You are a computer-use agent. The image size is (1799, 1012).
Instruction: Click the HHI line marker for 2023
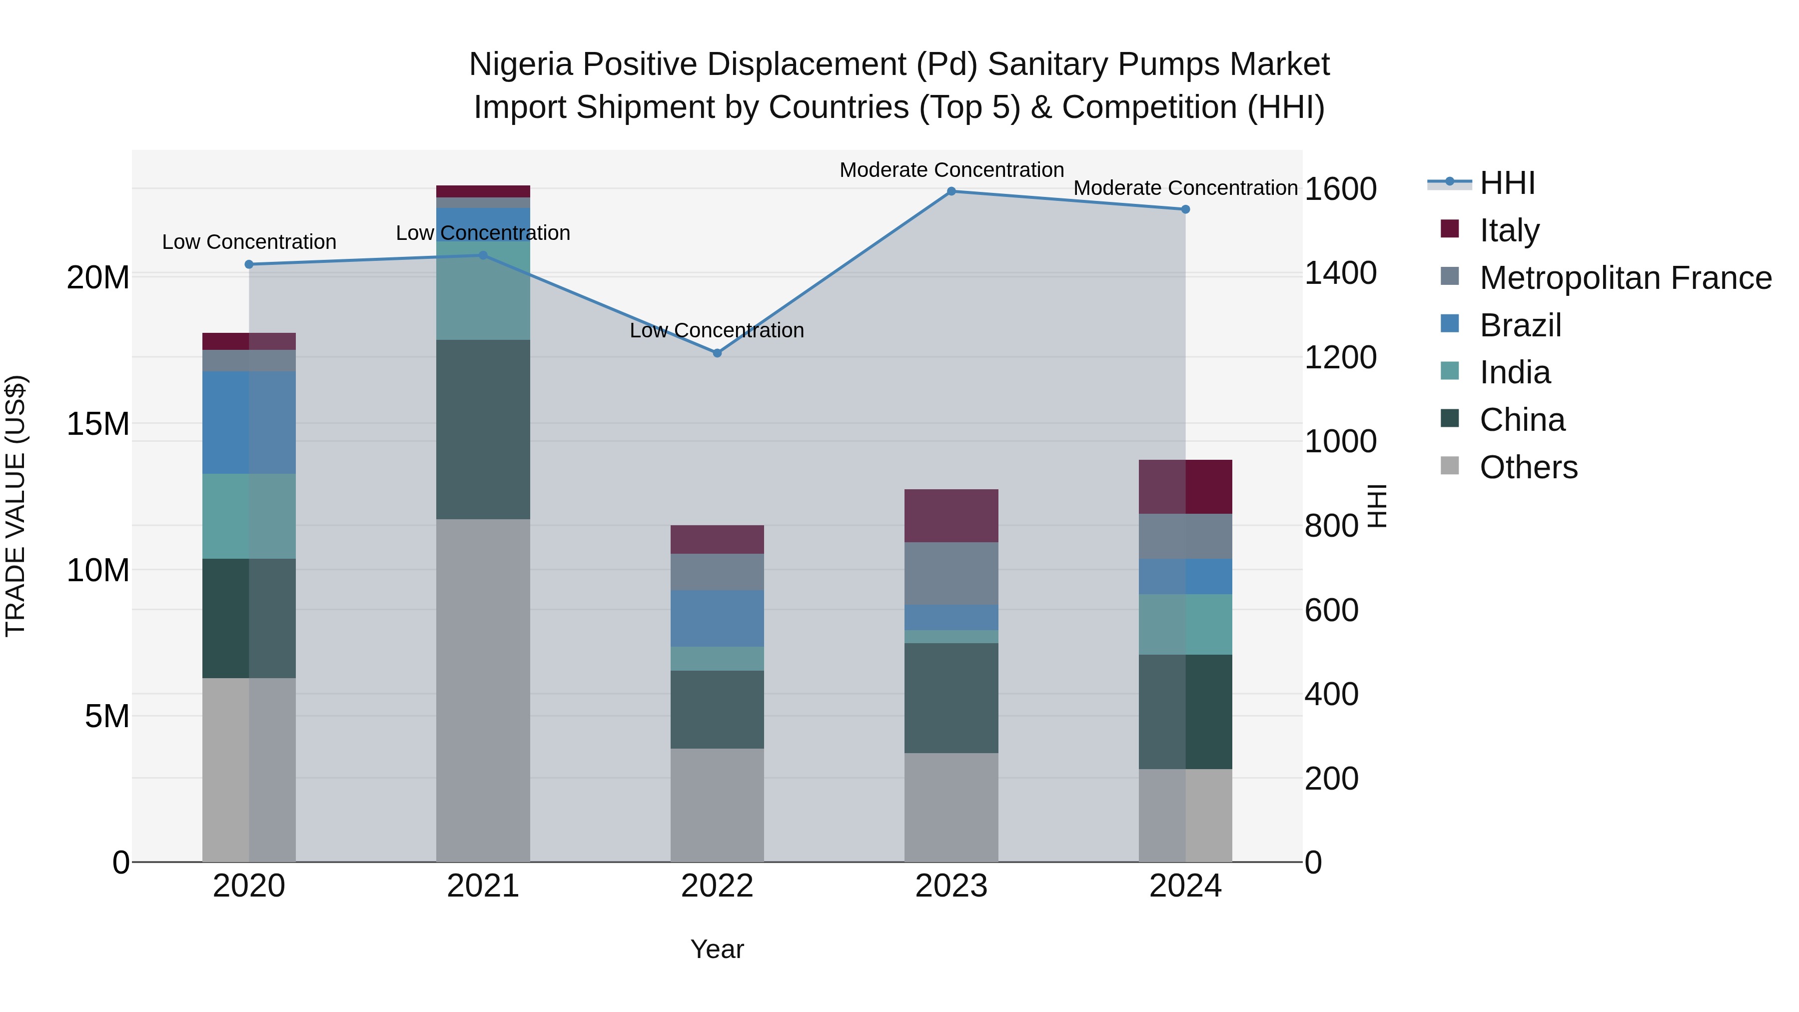(951, 191)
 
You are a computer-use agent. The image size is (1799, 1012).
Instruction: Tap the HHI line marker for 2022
(717, 353)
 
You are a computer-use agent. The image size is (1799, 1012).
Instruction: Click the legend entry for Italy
(1509, 230)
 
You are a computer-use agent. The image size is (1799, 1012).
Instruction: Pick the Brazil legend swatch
(1450, 324)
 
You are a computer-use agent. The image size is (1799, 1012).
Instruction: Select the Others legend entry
(1528, 467)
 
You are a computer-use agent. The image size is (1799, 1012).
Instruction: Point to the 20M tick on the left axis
(98, 277)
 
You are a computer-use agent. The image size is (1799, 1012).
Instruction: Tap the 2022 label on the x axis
(717, 886)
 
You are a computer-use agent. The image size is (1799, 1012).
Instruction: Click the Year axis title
(717, 949)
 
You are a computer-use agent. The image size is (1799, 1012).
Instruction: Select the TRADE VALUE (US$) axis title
(15, 506)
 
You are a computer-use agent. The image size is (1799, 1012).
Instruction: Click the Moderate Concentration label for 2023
(951, 170)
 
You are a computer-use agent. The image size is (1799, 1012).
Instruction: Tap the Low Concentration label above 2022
(717, 330)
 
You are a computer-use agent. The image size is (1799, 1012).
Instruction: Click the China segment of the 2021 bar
(483, 429)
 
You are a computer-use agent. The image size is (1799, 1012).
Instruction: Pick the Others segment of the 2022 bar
(717, 805)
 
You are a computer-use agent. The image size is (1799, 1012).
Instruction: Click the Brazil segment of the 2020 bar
(249, 422)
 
